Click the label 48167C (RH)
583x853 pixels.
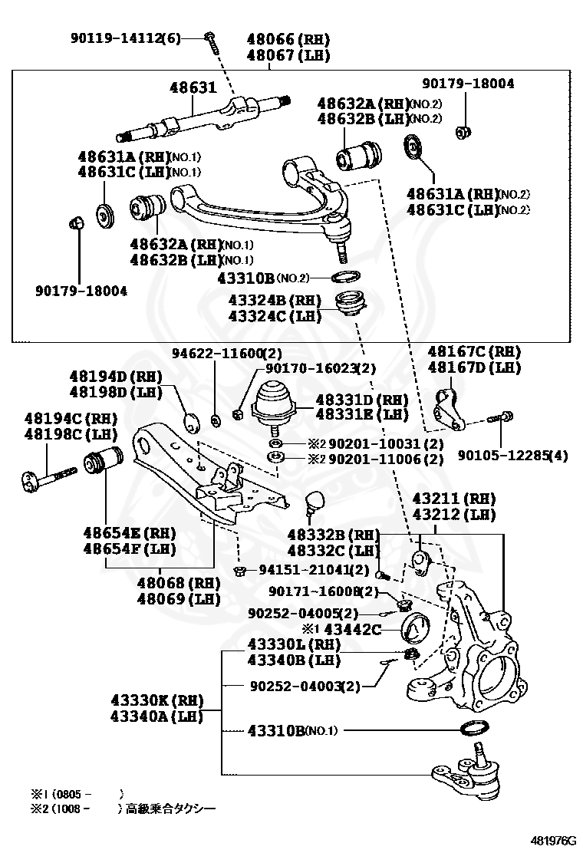click(x=474, y=352)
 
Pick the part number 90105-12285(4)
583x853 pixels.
click(x=513, y=456)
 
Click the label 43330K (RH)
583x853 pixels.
click(x=156, y=700)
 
